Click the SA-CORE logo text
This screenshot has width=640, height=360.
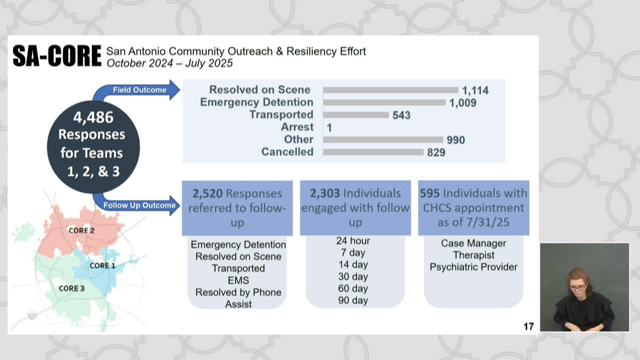[57, 56]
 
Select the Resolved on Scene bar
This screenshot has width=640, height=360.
[390, 90]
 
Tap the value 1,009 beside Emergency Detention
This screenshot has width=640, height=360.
[462, 103]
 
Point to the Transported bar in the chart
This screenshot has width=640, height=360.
[356, 115]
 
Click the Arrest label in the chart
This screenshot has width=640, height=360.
[297, 127]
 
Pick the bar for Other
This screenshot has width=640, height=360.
[383, 139]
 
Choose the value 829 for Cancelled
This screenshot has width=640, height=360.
[436, 152]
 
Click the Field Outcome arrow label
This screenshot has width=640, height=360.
[139, 90]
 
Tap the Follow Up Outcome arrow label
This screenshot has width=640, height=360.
[139, 205]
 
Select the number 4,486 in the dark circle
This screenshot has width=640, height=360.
[93, 117]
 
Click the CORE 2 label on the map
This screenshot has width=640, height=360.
[81, 230]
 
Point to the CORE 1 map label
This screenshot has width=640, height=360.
[102, 265]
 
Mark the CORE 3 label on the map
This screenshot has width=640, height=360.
[72, 288]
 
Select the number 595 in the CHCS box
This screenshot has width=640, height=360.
[429, 193]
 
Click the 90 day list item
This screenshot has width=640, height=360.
[353, 300]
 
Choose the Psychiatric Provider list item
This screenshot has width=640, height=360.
[473, 267]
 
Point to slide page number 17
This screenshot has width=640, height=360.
[528, 326]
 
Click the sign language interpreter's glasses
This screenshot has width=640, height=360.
[577, 287]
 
